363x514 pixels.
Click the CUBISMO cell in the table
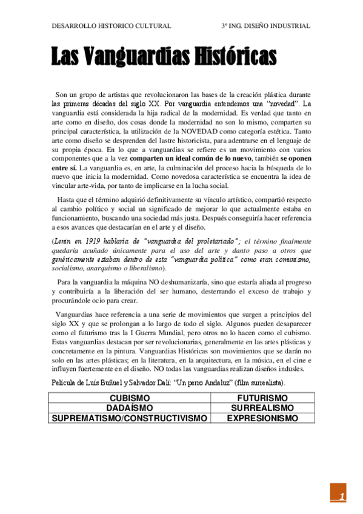tap(130, 398)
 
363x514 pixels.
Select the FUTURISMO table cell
tap(262, 398)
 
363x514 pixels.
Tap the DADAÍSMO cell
tap(130, 408)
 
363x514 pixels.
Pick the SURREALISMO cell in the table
tap(262, 408)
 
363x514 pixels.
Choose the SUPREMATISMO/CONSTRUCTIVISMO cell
tap(130, 418)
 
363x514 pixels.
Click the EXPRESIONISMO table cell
tap(262, 418)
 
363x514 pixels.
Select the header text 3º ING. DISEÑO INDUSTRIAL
tap(266, 26)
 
